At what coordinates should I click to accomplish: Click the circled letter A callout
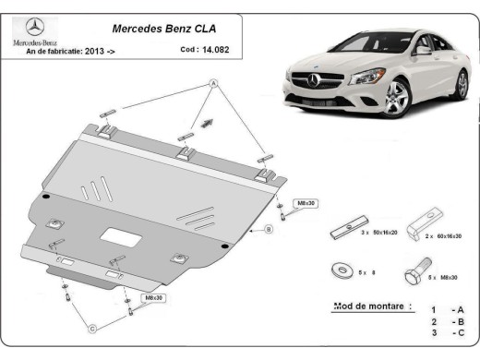coord(213,85)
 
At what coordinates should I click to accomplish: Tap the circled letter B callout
coord(268,228)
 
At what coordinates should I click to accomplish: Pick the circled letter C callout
coord(92,328)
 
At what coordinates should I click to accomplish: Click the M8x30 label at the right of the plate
coord(305,202)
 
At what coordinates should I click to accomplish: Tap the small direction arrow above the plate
coord(207,120)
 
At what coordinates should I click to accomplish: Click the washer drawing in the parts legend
coord(340,270)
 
